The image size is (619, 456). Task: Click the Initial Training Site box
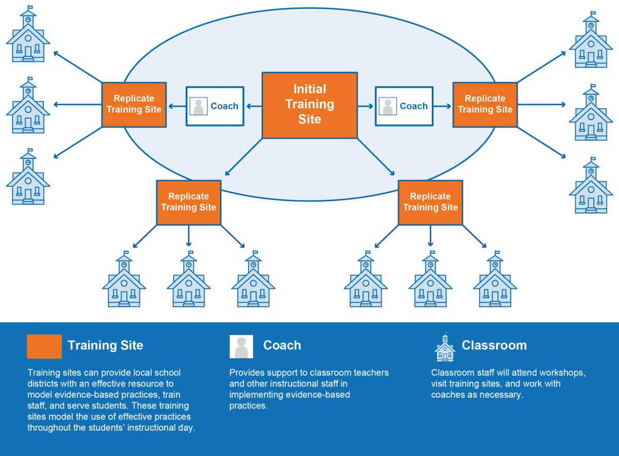(309, 105)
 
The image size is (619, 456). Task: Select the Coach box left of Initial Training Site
(215, 106)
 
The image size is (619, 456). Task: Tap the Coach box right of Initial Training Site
(404, 106)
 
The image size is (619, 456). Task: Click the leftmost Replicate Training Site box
(134, 105)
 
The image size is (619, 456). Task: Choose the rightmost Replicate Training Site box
(485, 105)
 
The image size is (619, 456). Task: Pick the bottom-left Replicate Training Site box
(189, 203)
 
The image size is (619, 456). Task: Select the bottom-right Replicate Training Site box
(431, 203)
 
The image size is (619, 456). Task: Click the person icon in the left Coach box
(199, 106)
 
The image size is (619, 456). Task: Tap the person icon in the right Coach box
(388, 106)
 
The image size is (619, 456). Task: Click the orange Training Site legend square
(44, 347)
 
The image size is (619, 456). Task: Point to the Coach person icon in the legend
(241, 347)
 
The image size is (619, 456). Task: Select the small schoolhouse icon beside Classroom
(445, 347)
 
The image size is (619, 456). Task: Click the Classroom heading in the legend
(494, 345)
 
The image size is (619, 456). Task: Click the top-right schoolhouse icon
(591, 40)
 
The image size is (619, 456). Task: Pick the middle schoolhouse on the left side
(28, 105)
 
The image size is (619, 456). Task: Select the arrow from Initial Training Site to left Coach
(254, 106)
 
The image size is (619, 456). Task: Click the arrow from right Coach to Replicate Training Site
(442, 106)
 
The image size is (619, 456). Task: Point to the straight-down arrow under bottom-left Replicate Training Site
(189, 236)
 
